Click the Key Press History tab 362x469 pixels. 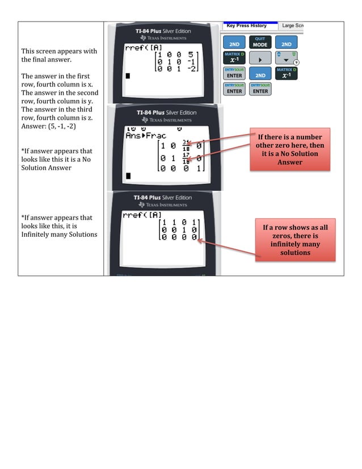[246, 26]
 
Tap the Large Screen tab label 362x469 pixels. [293, 26]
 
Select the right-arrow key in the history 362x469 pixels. [260, 58]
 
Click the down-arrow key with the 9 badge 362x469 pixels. [285, 58]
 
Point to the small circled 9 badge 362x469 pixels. [296, 62]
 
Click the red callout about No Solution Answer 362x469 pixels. [289, 150]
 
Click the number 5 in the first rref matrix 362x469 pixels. [192, 56]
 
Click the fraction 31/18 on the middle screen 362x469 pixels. [186, 145]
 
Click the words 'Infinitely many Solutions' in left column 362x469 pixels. [59, 235]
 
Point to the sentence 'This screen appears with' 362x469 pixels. [59, 52]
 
